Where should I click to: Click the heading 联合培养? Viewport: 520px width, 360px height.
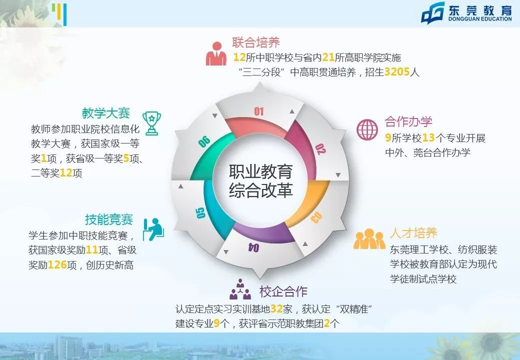click(255, 42)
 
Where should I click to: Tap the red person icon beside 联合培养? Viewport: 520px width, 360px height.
click(216, 53)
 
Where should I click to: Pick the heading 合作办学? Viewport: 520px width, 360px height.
click(408, 121)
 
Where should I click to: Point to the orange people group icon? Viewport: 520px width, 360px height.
click(369, 239)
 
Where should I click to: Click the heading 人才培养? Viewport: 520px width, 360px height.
click(413, 233)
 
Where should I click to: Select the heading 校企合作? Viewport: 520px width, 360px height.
click(283, 291)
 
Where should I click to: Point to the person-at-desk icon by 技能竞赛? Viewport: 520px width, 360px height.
click(153, 229)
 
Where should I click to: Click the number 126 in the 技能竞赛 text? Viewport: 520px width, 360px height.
click(57, 265)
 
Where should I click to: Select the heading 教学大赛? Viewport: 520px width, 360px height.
click(105, 113)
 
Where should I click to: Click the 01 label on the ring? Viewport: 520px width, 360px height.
click(258, 111)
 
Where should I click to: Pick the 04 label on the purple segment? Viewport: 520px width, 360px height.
click(253, 247)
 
